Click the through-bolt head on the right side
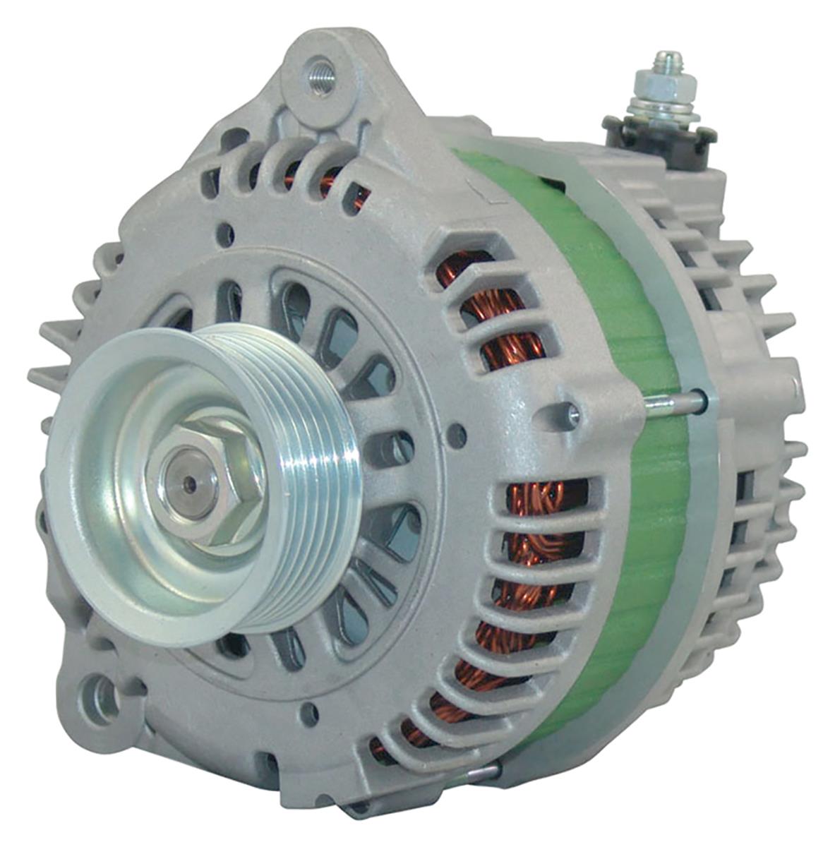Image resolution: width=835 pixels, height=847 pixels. (699, 401)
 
